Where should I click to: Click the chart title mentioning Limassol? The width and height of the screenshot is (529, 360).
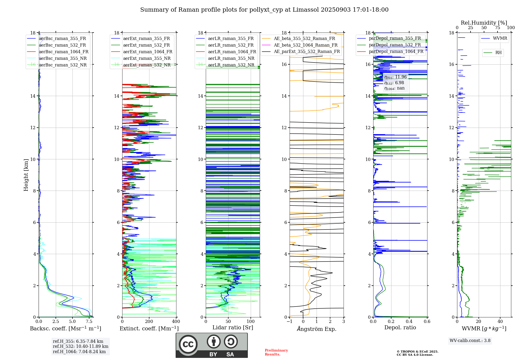click(264, 10)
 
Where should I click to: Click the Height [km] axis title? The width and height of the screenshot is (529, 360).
click(26, 175)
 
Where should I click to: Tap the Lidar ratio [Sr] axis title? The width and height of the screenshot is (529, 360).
click(233, 327)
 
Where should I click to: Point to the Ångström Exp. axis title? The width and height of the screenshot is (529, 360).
click(317, 329)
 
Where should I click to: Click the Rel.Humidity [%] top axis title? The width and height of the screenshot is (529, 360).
click(484, 23)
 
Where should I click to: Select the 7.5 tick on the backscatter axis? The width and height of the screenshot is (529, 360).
click(89, 322)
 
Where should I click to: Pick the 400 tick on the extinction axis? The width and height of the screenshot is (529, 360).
click(176, 322)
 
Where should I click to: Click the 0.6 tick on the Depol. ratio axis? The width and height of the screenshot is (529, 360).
click(427, 322)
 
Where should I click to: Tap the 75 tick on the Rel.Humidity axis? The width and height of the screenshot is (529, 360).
click(498, 28)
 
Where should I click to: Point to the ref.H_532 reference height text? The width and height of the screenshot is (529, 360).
click(80, 346)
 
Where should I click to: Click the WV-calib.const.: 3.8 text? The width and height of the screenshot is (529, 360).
click(470, 341)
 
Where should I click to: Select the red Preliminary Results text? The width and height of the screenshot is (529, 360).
click(276, 352)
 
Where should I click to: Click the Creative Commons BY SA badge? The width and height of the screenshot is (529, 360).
click(212, 345)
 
